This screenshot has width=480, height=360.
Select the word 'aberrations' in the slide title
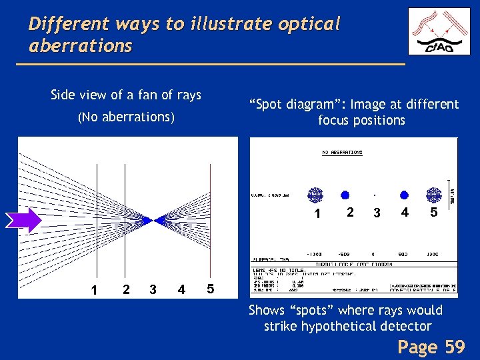click(x=81, y=46)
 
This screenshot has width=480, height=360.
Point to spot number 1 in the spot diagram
click(x=315, y=195)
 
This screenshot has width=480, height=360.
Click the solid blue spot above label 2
click(x=345, y=195)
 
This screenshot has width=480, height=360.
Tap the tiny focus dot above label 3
click(x=375, y=195)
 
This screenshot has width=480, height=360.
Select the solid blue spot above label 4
click(x=404, y=195)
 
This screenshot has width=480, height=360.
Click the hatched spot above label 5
click(x=434, y=195)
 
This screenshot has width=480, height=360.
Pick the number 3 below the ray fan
click(x=153, y=290)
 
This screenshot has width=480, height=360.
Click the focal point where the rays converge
click(x=159, y=219)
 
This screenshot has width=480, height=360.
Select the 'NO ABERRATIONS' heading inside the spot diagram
click(x=343, y=153)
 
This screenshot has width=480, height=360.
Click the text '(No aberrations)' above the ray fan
click(x=126, y=117)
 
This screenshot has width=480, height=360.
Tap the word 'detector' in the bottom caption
click(x=406, y=326)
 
